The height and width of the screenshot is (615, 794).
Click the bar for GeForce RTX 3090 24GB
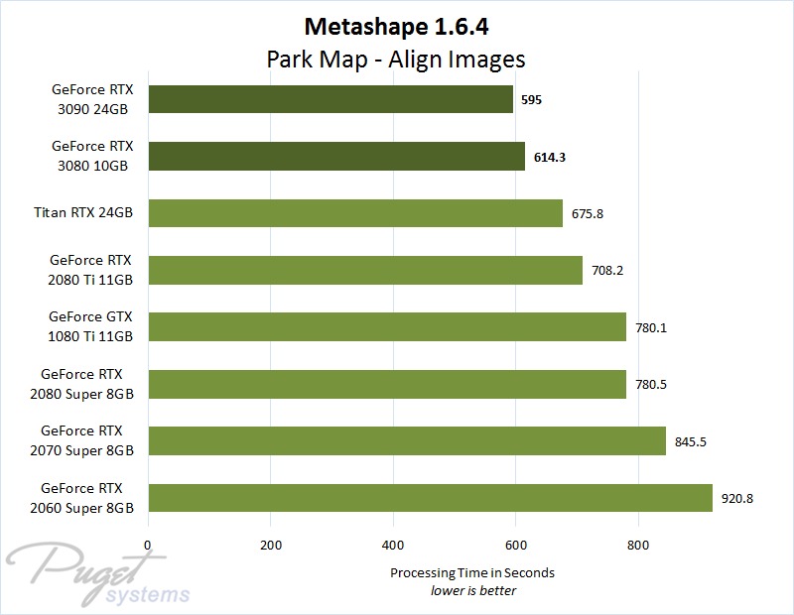click(x=330, y=99)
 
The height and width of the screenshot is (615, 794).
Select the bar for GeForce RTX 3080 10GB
click(x=335, y=157)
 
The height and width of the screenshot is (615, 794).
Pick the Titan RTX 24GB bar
click(x=354, y=213)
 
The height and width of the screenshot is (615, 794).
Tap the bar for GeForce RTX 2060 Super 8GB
click(x=430, y=498)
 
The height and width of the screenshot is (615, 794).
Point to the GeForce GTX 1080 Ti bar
click(x=386, y=327)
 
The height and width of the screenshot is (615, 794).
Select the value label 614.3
click(x=550, y=157)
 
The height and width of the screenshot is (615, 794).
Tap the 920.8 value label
click(x=737, y=498)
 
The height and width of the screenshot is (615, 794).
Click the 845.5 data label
click(x=690, y=441)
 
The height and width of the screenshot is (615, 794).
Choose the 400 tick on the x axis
click(x=393, y=545)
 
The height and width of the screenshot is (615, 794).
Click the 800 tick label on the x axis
click(x=638, y=545)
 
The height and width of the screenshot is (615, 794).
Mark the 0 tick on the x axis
click(x=148, y=545)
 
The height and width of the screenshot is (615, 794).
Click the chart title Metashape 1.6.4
click(x=396, y=26)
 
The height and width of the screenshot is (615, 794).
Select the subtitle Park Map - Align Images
click(x=396, y=59)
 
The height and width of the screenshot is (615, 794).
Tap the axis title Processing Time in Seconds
click(x=472, y=572)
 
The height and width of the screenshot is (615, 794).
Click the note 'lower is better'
click(x=472, y=590)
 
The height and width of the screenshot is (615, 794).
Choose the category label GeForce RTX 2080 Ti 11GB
click(x=92, y=270)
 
